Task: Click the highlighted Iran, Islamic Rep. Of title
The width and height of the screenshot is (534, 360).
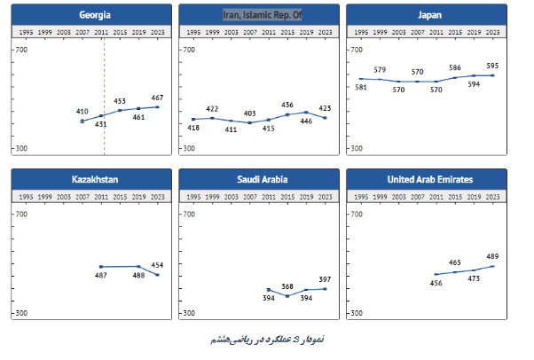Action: tap(263, 15)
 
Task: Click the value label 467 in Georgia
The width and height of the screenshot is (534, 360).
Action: tap(157, 98)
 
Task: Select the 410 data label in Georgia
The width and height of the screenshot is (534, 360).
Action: tap(82, 112)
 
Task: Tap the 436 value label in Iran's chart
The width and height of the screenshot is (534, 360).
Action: tap(287, 106)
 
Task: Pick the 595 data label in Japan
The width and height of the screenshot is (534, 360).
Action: tap(492, 66)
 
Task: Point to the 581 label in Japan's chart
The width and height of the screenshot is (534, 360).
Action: tap(361, 87)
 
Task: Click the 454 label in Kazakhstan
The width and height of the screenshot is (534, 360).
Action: tap(157, 265)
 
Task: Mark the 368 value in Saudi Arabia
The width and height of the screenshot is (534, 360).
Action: tap(287, 286)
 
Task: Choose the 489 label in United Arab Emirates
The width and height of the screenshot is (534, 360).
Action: tap(492, 256)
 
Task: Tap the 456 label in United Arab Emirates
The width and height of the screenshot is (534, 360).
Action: tap(436, 283)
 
